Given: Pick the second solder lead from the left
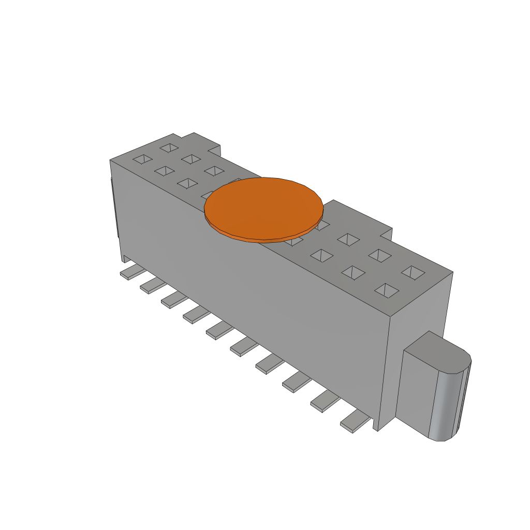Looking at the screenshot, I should pos(153,285).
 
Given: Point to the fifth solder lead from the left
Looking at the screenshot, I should pos(219,330).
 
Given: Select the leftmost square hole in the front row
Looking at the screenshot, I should pos(143,159).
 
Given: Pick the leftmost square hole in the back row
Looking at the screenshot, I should pos(169,148).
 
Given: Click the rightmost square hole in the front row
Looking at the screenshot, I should pos(387,291).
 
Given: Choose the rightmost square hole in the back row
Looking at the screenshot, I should pos(413,273).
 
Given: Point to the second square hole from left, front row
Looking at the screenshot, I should pos(165,170).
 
